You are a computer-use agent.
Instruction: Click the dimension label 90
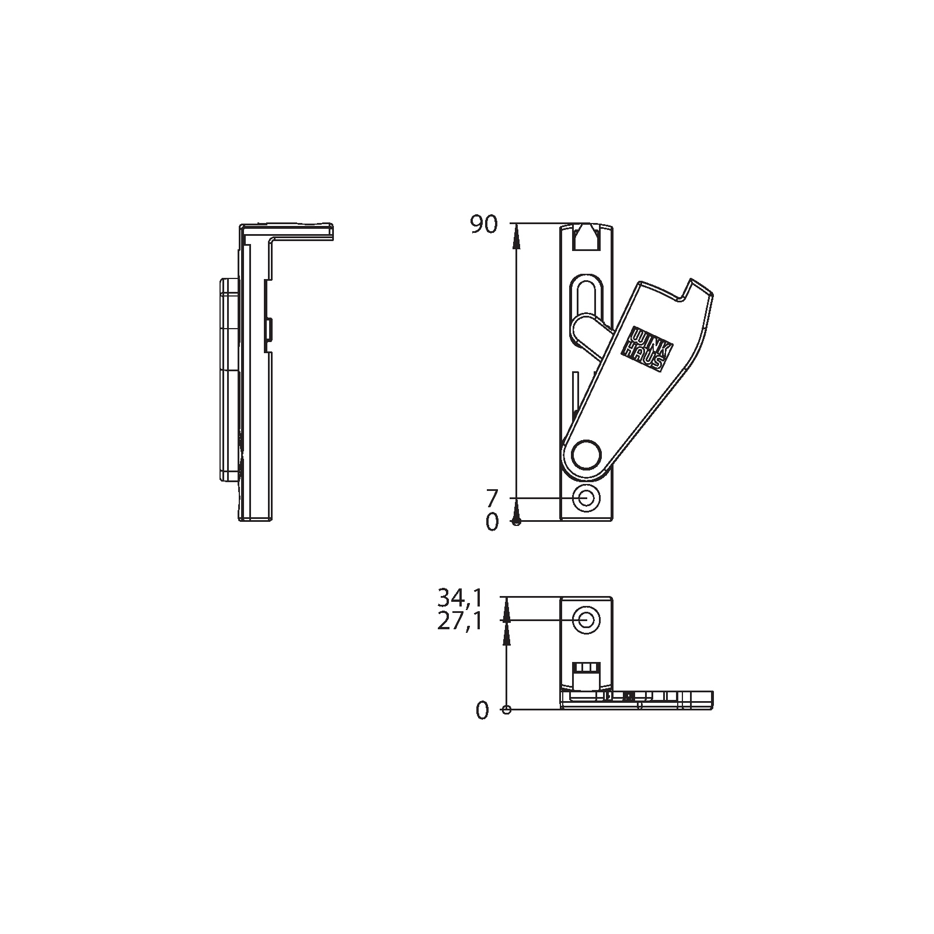(484, 225)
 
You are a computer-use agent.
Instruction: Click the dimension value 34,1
(460, 598)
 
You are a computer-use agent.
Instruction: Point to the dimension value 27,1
(460, 622)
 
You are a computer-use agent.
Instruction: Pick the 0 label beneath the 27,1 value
(482, 711)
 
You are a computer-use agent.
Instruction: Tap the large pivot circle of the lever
(586, 455)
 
